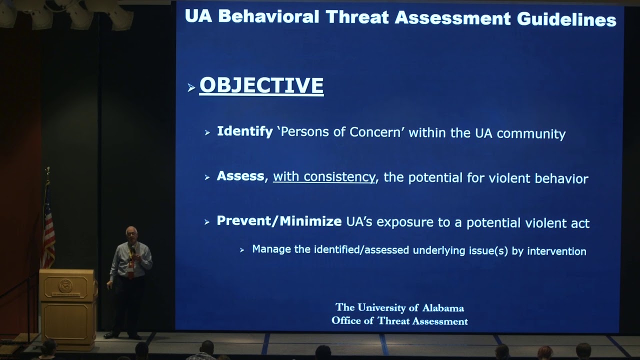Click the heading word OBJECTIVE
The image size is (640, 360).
[261, 85]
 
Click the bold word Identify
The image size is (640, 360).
[244, 132]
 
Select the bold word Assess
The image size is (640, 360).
[240, 176]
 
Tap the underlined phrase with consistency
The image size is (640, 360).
[324, 177]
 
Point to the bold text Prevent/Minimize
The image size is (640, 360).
[279, 221]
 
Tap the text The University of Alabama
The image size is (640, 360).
[399, 308]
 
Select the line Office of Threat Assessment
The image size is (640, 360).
[399, 321]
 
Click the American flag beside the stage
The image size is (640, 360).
[48, 225]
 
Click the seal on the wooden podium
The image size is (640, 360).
[65, 286]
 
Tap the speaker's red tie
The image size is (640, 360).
[131, 267]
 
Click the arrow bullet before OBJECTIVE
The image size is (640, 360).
[191, 88]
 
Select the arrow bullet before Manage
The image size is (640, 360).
[242, 250]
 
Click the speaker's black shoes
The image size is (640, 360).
[122, 335]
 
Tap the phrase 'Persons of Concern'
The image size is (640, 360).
[343, 133]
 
